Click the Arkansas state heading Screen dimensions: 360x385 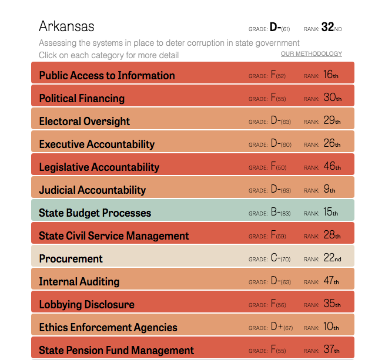click(66, 26)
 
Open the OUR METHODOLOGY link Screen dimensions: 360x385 click(311, 54)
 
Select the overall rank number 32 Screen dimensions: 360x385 click(328, 27)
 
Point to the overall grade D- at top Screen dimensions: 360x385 click(275, 27)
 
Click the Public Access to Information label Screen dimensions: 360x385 click(106, 76)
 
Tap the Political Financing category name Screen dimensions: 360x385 click(82, 99)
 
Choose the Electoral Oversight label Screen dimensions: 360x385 click(84, 122)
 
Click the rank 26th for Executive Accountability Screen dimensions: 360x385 click(332, 144)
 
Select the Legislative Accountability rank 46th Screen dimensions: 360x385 click(332, 167)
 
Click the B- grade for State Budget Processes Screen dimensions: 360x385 click(275, 213)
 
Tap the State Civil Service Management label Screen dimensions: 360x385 click(113, 236)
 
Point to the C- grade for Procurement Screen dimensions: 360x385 click(275, 258)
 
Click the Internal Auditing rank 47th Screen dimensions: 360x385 click(332, 281)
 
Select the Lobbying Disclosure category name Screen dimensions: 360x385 click(86, 305)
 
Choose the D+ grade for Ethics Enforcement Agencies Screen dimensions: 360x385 click(276, 327)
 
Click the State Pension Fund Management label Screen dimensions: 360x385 click(116, 351)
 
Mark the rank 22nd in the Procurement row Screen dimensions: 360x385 click(332, 258)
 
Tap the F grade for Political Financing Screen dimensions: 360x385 click(273, 99)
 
